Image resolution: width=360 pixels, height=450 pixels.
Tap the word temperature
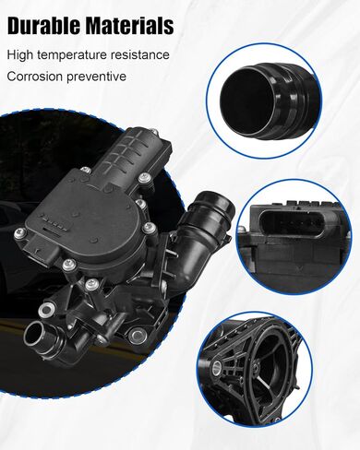coord(74,55)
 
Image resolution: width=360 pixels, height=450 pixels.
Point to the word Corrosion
coord(35,77)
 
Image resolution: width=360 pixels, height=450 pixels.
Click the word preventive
coord(96,77)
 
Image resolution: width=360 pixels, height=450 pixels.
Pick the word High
coord(21,55)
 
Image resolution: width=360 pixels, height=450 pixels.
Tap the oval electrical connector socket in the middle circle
coord(290,224)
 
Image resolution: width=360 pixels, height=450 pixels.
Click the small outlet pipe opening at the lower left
coord(35,334)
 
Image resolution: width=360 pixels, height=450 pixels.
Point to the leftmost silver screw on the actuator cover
coord(20,233)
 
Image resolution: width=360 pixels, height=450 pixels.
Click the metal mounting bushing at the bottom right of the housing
coord(137,336)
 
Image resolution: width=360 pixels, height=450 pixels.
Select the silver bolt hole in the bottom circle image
coord(217,366)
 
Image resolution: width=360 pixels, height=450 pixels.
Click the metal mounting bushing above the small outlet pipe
coord(47,310)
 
